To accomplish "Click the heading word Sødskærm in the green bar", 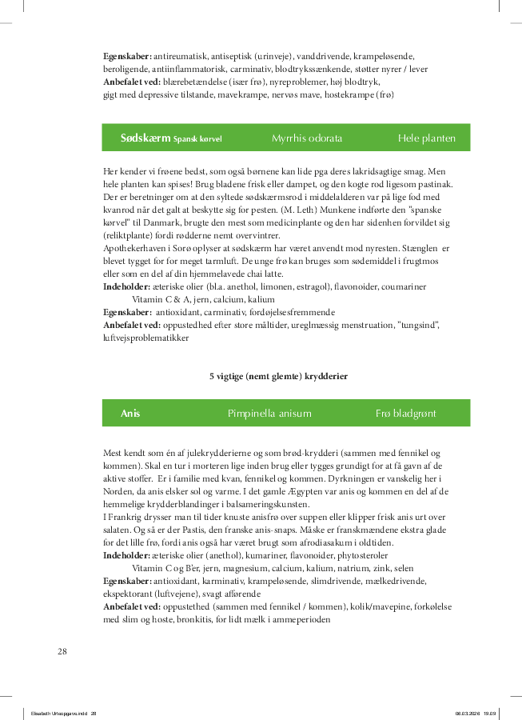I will [145, 138].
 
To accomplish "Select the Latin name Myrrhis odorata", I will [307, 138].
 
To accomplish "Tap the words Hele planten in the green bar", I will [427, 138].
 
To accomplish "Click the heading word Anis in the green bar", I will [130, 414].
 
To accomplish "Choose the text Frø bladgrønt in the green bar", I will [407, 414].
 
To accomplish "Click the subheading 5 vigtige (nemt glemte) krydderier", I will [278, 375].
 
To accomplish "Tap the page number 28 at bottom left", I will [62, 651].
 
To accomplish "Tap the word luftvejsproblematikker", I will [146, 338].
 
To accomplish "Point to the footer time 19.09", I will [489, 714].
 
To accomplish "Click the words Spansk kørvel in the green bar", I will [197, 139].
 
